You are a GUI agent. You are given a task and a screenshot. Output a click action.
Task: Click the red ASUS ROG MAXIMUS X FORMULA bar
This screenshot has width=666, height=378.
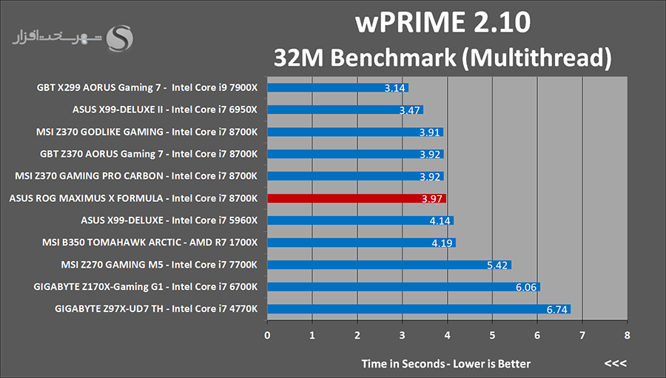[x=356, y=198]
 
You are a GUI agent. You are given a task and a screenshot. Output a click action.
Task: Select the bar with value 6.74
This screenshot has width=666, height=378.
[x=418, y=309]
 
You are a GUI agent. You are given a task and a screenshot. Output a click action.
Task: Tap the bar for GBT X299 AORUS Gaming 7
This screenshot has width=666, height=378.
[x=337, y=88]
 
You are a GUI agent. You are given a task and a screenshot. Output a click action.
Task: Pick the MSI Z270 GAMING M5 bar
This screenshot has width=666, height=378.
[x=388, y=265]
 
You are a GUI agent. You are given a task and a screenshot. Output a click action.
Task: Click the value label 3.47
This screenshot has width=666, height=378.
[x=409, y=110]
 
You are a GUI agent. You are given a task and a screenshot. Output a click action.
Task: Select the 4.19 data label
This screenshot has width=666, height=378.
[x=442, y=243]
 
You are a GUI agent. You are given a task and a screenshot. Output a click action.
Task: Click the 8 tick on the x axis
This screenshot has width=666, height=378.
[x=628, y=335]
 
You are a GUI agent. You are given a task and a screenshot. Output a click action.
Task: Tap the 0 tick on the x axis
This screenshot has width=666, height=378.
[x=267, y=335]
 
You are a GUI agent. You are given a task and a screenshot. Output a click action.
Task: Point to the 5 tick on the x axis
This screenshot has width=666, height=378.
[x=492, y=335]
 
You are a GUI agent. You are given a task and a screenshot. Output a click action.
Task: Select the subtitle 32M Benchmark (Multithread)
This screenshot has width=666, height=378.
[x=443, y=57]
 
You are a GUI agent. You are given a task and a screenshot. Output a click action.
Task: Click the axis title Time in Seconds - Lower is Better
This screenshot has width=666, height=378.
[x=445, y=363]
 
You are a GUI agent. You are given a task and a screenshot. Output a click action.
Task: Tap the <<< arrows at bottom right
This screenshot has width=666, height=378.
[x=615, y=363]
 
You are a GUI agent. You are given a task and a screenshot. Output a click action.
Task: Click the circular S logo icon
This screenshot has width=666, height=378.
[x=121, y=37]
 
